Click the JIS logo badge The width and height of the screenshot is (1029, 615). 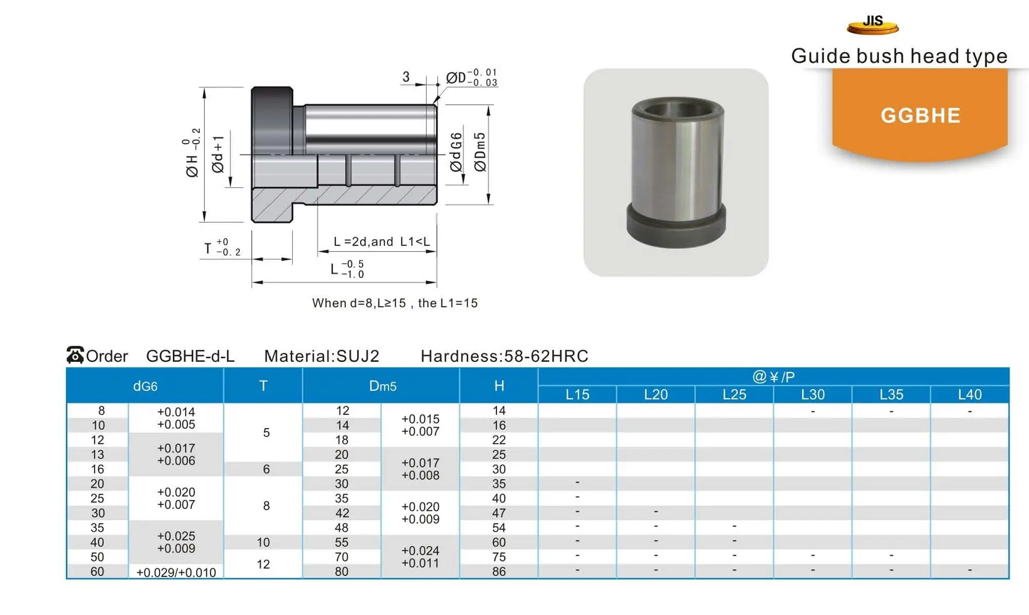[x=873, y=24]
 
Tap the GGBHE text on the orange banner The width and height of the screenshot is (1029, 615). [x=920, y=115]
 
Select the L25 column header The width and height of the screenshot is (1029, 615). [x=734, y=395]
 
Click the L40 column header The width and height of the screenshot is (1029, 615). [x=969, y=395]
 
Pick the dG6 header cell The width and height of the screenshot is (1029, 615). [x=145, y=386]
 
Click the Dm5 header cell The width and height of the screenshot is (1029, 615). [x=382, y=386]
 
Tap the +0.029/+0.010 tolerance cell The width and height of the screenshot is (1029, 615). [x=176, y=572]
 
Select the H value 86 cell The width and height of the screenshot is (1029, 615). [x=499, y=571]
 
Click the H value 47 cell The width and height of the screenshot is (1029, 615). [x=499, y=513]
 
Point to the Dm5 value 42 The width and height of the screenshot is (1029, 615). [x=342, y=513]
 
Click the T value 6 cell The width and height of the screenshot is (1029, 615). [x=266, y=469]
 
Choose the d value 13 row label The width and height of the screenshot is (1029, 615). [x=97, y=454]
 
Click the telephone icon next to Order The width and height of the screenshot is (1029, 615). [x=75, y=355]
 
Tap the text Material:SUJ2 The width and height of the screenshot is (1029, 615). [x=322, y=356]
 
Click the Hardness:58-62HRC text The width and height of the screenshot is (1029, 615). [x=504, y=356]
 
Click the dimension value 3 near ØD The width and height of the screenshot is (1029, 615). [x=406, y=77]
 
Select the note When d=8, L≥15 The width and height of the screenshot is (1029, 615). [x=395, y=303]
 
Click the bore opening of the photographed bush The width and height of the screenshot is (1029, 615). [x=677, y=109]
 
